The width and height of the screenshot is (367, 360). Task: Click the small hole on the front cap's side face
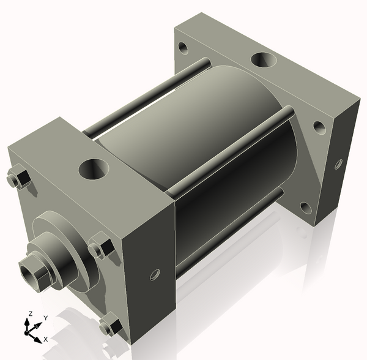[x=155, y=273]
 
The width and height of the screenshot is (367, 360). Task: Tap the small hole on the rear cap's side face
[x=338, y=163]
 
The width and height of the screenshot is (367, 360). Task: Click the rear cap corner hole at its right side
[x=319, y=127]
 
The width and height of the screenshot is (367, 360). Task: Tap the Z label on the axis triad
[x=28, y=314]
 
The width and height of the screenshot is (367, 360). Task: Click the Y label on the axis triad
[x=46, y=318]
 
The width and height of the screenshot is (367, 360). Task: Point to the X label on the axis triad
[x=46, y=339]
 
